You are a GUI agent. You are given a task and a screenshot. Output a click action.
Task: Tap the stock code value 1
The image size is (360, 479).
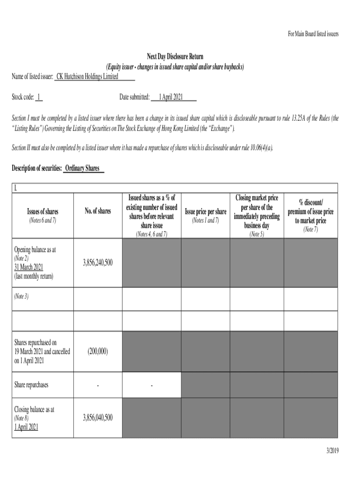click(39, 97)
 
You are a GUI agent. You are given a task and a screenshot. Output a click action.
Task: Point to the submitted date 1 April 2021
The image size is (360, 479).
click(171, 97)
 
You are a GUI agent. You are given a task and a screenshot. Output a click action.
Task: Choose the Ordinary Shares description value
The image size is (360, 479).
click(82, 168)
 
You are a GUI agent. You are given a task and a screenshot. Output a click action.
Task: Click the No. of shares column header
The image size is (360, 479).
click(98, 211)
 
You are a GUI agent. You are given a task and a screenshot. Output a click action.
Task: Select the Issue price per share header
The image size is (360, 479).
click(206, 212)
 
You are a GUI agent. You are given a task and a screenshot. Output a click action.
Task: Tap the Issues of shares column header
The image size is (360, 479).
click(42, 211)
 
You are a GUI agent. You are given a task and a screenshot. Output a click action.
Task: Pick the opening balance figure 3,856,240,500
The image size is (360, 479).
click(98, 263)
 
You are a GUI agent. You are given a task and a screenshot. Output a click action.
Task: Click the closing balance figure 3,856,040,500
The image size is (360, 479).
click(98, 418)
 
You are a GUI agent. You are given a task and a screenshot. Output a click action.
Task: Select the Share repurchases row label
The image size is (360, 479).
click(31, 385)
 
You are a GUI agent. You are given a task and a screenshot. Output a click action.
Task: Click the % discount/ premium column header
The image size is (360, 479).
click(310, 211)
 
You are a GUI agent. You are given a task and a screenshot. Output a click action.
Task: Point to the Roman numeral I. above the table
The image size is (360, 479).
click(15, 189)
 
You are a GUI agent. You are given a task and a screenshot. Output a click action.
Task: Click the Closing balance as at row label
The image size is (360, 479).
click(34, 409)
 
